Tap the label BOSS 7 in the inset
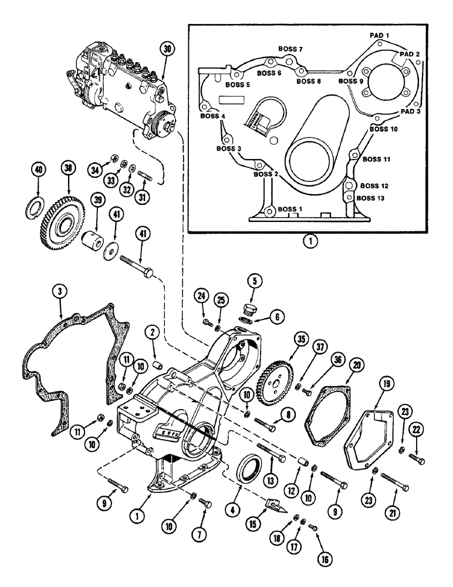tap(290, 50)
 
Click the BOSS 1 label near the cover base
tap(291, 209)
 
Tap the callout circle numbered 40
tap(38, 170)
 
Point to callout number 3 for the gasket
tap(58, 291)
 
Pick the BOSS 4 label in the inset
tap(215, 116)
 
